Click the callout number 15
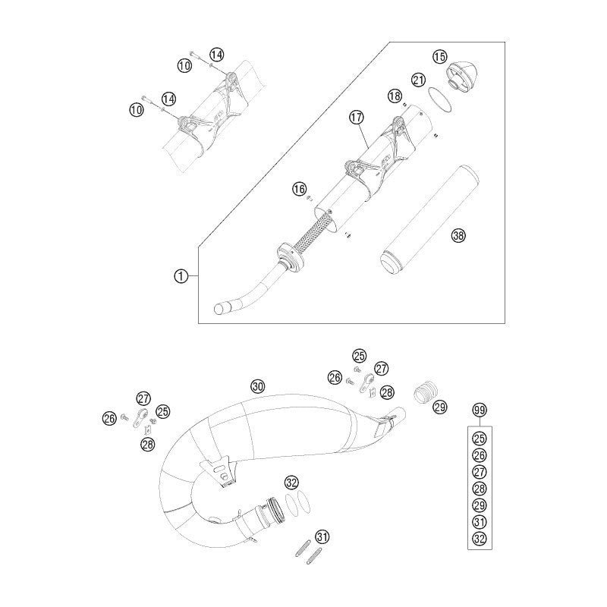click(x=439, y=58)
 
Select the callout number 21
click(x=418, y=80)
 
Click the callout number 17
click(x=356, y=118)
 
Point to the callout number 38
click(x=458, y=235)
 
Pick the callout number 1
click(x=181, y=276)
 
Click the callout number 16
click(x=299, y=189)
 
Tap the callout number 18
click(x=395, y=96)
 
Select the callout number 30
click(x=258, y=386)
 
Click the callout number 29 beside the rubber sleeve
click(x=440, y=407)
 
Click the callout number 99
click(x=480, y=410)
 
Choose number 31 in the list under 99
click(x=480, y=522)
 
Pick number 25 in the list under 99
click(x=480, y=439)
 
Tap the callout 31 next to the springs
click(x=322, y=537)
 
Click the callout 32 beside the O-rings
click(x=292, y=483)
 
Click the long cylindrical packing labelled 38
click(x=429, y=220)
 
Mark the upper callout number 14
click(x=217, y=55)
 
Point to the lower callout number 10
click(x=136, y=110)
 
